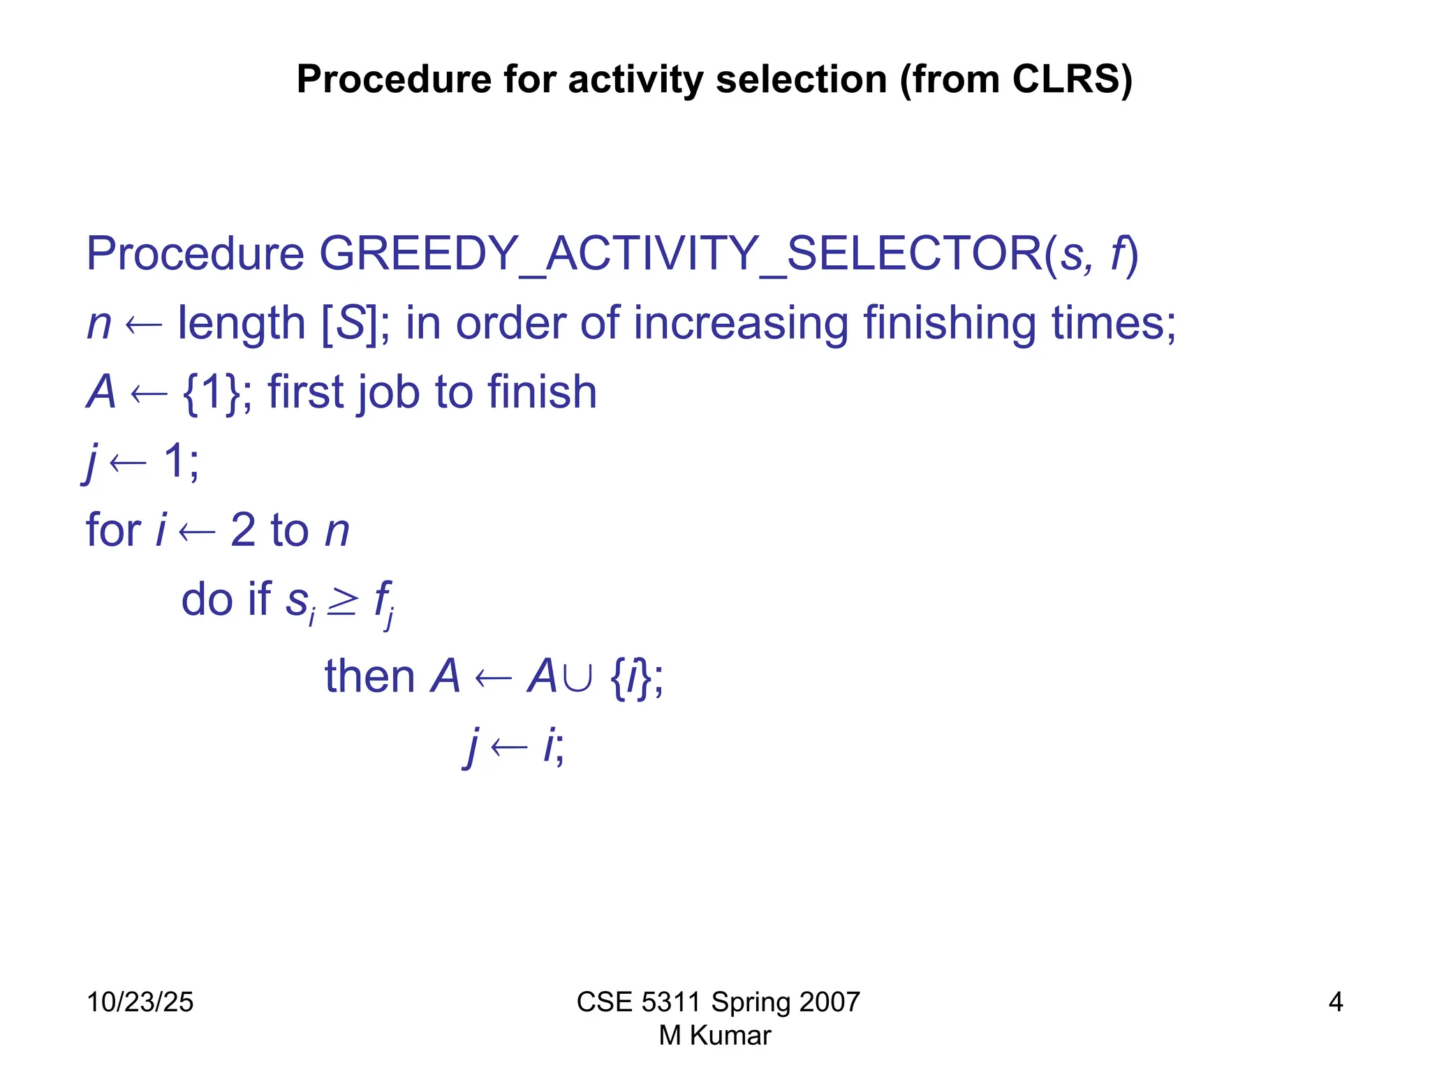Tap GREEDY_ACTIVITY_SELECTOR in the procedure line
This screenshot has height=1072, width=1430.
pos(681,253)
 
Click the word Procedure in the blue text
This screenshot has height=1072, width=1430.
pos(195,253)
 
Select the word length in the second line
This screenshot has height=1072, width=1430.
pos(242,323)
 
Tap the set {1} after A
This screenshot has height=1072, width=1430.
pos(212,392)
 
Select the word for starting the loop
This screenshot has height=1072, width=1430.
pos(112,530)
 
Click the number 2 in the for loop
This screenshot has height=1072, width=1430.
pos(243,530)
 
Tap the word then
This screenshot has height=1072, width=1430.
pos(369,677)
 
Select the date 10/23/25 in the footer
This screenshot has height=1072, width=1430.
pos(140,1002)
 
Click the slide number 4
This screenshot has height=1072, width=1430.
pos(1335,1002)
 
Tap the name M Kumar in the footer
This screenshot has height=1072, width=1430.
pos(715,1036)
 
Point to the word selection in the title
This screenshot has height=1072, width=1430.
pos(802,79)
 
